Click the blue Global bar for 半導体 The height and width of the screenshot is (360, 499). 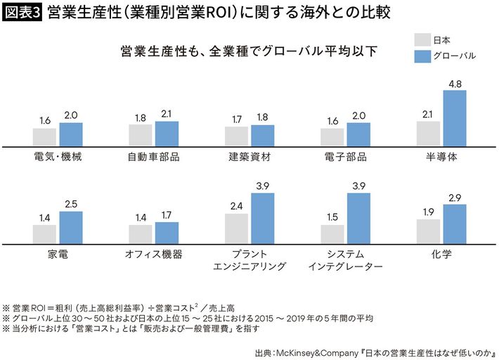pos(455,117)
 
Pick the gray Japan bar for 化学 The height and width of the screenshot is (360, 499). pos(428,230)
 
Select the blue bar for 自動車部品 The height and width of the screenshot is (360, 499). pos(167,133)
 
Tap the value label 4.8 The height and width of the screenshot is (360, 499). pos(455,84)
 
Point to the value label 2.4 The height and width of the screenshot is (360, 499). pos(236,207)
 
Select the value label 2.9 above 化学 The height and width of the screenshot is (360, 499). pos(455,198)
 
